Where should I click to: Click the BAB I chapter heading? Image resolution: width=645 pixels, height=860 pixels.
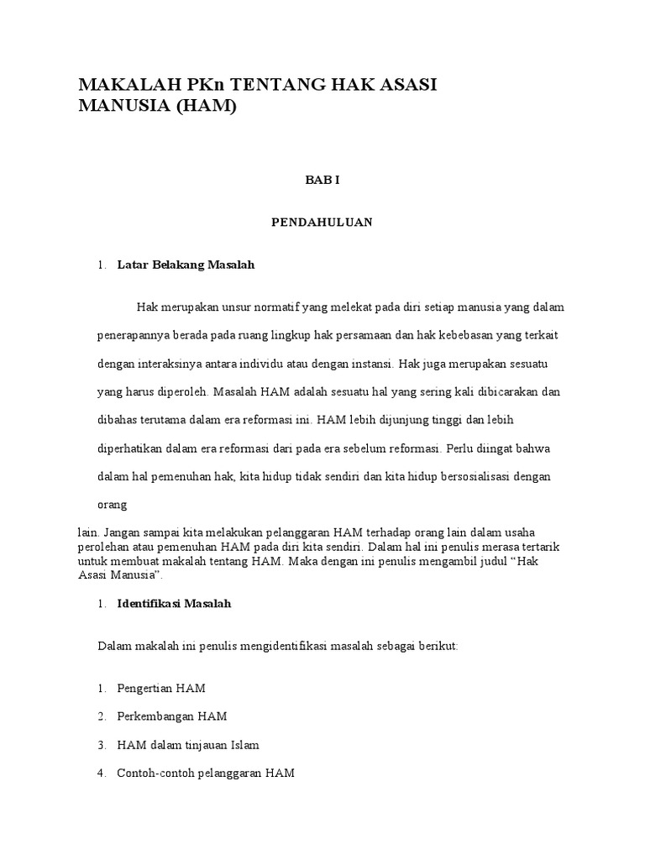pos(322,180)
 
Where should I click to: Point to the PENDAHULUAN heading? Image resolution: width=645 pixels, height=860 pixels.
pos(322,223)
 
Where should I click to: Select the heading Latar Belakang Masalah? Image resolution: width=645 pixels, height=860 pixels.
pos(186,265)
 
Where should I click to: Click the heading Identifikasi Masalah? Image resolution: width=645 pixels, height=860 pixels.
pos(174,604)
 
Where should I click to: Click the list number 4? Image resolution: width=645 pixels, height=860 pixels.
pos(101,773)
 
